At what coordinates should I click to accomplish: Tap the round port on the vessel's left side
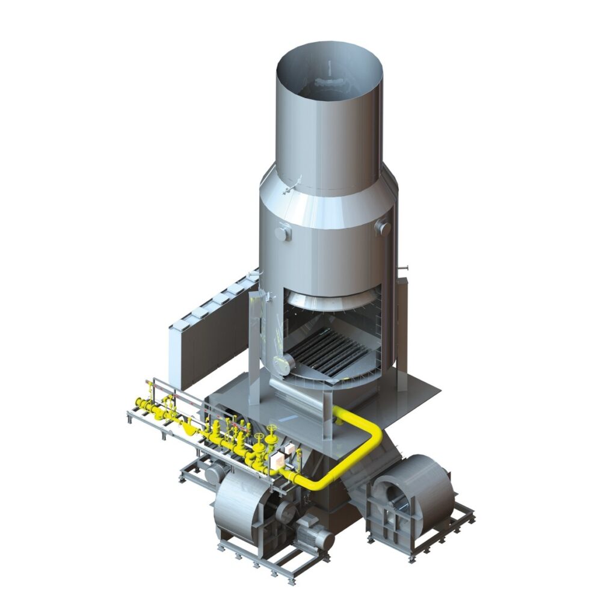282,231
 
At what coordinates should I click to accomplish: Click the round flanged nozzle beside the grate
283,363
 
